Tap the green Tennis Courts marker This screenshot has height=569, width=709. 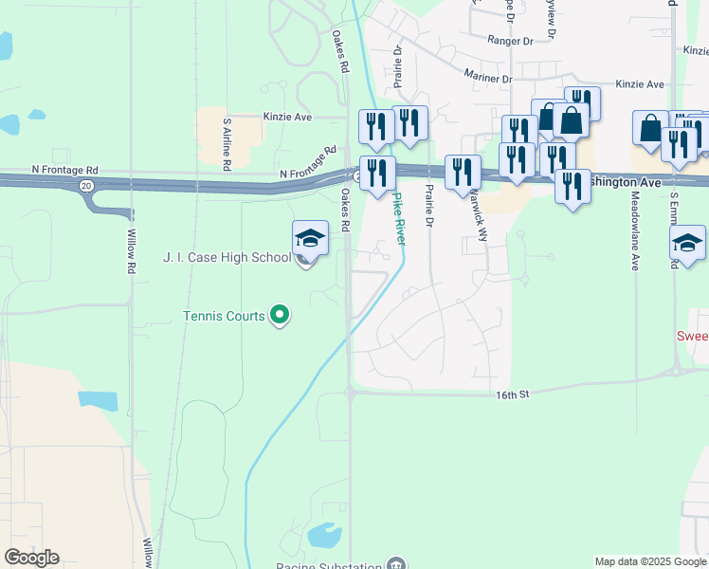(280, 314)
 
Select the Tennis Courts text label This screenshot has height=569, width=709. (224, 315)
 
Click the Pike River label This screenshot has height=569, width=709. (398, 219)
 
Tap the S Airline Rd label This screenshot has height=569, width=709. (227, 144)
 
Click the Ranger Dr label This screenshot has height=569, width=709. (510, 41)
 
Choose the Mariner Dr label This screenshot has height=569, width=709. (488, 75)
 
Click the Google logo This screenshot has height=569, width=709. (31, 558)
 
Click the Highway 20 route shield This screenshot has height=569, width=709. (86, 186)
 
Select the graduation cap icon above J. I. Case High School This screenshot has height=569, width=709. (310, 237)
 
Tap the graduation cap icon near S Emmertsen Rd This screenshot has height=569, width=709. (687, 242)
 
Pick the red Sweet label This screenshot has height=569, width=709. (692, 336)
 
